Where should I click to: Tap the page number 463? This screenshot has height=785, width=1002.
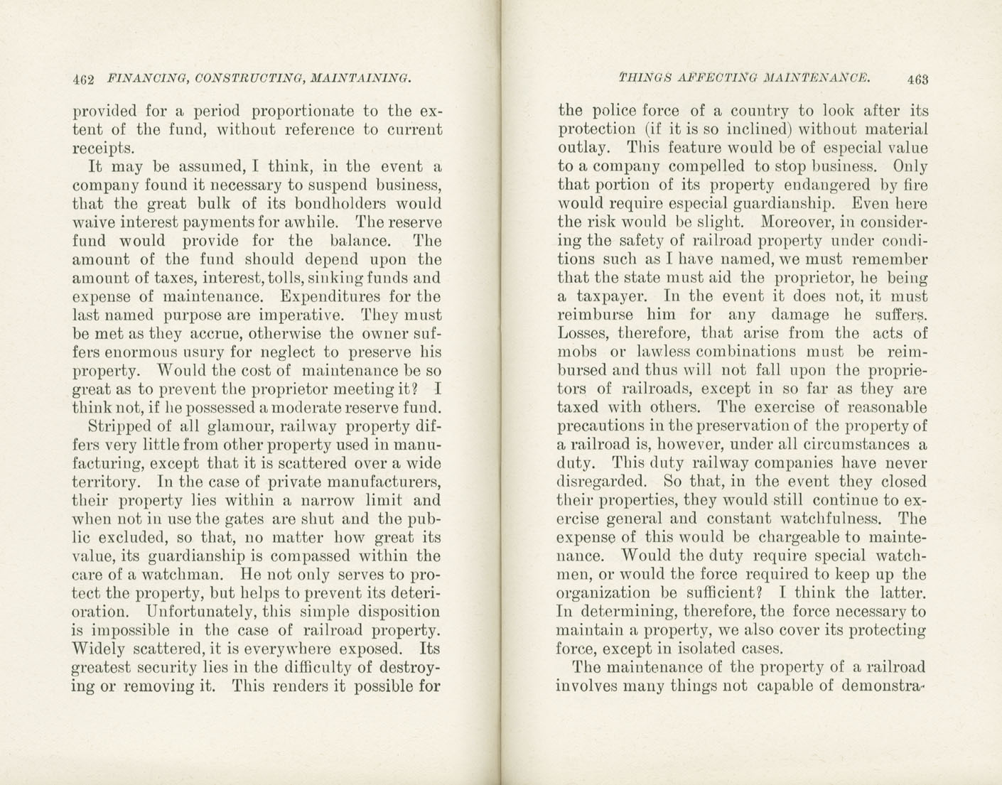pyautogui.click(x=917, y=79)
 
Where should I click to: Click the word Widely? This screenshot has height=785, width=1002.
pyautogui.click(x=99, y=649)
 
